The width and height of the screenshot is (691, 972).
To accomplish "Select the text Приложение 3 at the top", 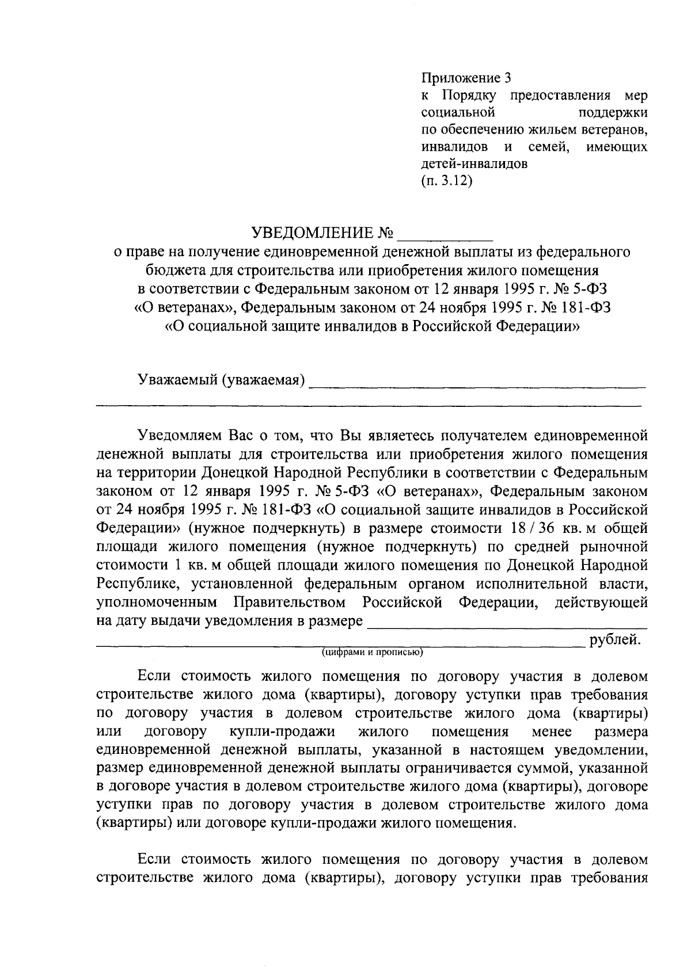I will pyautogui.click(x=466, y=77).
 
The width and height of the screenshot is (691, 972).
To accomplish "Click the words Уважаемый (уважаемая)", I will pyautogui.click(x=221, y=380).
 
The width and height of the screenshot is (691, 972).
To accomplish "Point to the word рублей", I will pyautogui.click(x=614, y=639).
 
